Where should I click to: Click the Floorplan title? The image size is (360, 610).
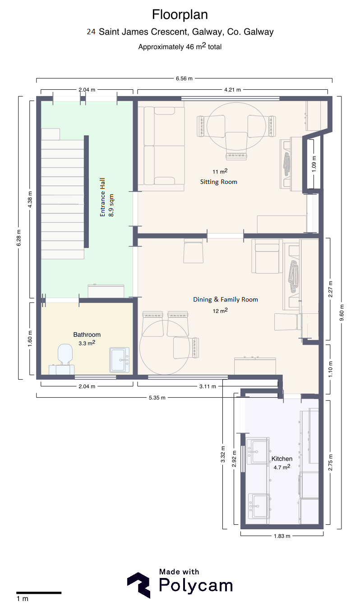pyautogui.click(x=180, y=15)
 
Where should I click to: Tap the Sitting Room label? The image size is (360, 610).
pyautogui.click(x=218, y=182)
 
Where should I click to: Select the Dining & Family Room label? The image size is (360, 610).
pyautogui.click(x=226, y=299)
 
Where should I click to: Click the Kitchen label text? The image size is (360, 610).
pyautogui.click(x=282, y=459)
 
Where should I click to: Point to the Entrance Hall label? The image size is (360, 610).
pyautogui.click(x=102, y=197)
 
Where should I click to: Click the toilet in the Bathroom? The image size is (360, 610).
pyautogui.click(x=65, y=354)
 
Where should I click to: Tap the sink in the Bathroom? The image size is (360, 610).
pyautogui.click(x=119, y=360)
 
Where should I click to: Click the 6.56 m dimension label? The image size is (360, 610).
pyautogui.click(x=184, y=78)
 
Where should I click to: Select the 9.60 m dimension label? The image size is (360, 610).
pyautogui.click(x=342, y=312)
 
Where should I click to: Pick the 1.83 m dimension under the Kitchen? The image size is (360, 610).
pyautogui.click(x=282, y=536)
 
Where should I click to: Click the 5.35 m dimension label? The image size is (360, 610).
pyautogui.click(x=157, y=398)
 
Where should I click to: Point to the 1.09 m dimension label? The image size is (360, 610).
pyautogui.click(x=314, y=164)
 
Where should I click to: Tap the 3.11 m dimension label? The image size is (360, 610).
pyautogui.click(x=208, y=386)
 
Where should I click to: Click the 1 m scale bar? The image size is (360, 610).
pyautogui.click(x=39, y=592)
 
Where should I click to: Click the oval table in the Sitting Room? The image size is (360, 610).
pyautogui.click(x=236, y=126)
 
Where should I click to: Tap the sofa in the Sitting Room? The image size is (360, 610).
pyautogui.click(x=161, y=146)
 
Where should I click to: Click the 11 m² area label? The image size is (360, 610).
pyautogui.click(x=220, y=171)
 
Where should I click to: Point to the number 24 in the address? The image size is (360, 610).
pyautogui.click(x=91, y=32)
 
